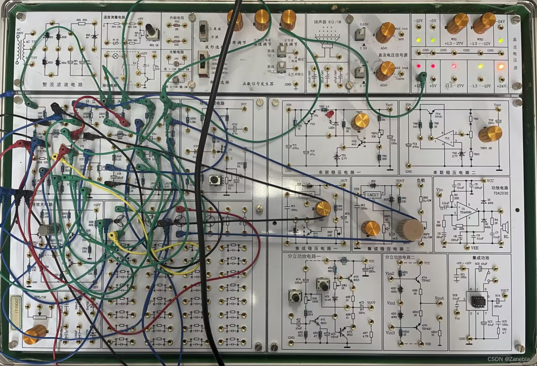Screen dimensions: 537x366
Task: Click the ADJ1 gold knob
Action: click(x=385, y=32)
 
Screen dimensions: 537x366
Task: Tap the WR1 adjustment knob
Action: click(x=458, y=23)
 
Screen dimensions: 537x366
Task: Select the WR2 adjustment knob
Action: click(x=484, y=23)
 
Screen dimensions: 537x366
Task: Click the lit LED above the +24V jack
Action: click(x=501, y=67)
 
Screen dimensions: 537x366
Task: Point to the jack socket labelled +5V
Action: click(x=433, y=76)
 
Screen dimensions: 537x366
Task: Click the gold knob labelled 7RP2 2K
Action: click(x=490, y=134)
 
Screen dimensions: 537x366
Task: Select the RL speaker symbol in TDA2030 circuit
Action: click(x=506, y=227)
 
